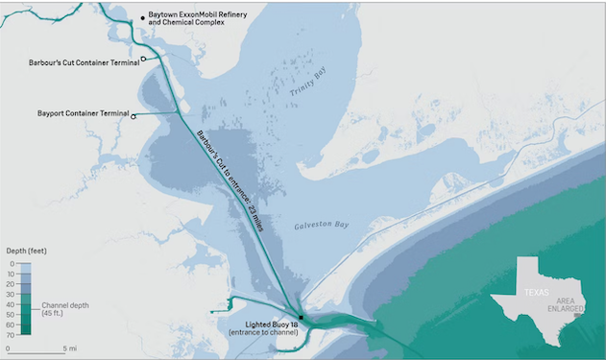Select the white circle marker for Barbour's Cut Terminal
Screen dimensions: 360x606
[x=143, y=60]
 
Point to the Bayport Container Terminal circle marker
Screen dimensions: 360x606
[x=133, y=116]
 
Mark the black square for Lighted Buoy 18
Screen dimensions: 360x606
[x=301, y=317]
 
